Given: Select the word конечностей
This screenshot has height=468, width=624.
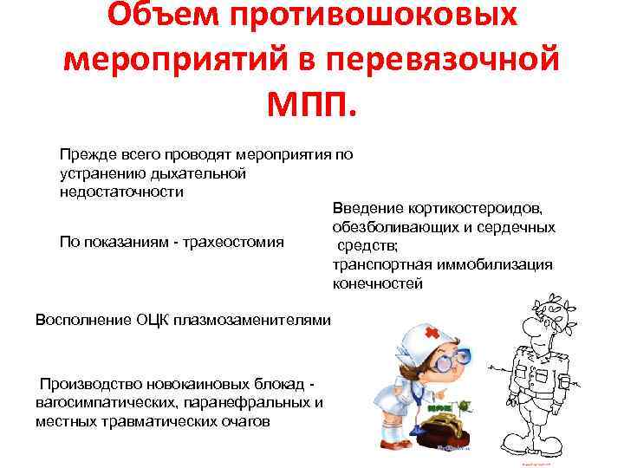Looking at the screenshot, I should click(377, 283).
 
